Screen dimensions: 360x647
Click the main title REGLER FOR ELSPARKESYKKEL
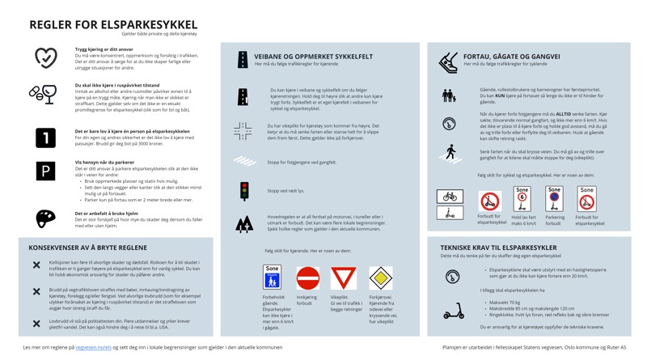(x=113, y=24)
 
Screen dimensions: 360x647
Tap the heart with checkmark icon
(x=45, y=57)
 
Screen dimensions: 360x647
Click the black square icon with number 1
(x=45, y=138)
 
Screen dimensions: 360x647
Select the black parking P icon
(x=45, y=171)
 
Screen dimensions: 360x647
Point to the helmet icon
(x=45, y=218)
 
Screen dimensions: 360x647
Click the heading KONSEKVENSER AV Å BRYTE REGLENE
(x=87, y=247)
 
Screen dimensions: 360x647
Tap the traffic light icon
(x=243, y=191)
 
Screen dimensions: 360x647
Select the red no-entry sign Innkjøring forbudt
(x=307, y=278)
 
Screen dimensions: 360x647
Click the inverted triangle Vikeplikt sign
(x=343, y=278)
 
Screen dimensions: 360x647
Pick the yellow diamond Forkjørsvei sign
(x=380, y=278)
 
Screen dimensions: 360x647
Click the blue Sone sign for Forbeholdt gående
(x=272, y=277)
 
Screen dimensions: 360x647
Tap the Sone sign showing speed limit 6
(x=522, y=199)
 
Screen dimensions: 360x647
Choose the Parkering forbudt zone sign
(x=554, y=199)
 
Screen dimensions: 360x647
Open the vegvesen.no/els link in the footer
(x=93, y=346)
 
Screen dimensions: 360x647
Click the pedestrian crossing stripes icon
(x=243, y=162)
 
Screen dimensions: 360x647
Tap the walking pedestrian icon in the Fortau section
(x=450, y=152)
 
